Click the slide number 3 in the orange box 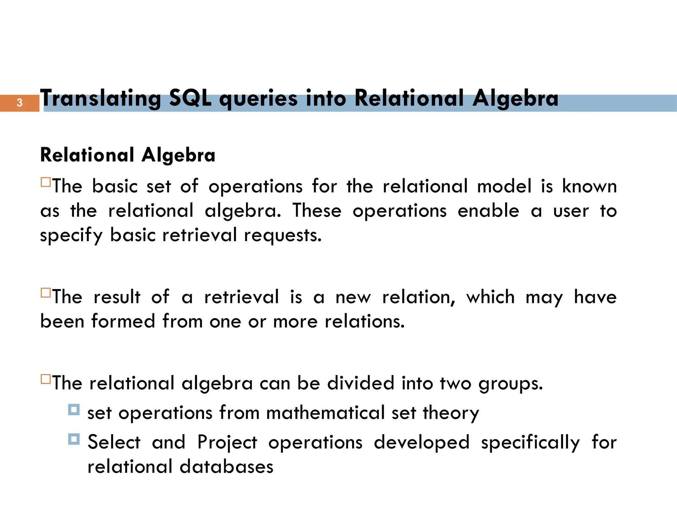click(20, 103)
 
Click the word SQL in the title click(190, 98)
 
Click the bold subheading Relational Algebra click(128, 155)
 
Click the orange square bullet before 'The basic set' click(46, 182)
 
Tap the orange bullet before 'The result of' click(46, 293)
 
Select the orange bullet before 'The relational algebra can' click(46, 379)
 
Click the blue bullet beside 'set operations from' click(74, 409)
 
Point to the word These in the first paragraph click(317, 211)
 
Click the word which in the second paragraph click(491, 297)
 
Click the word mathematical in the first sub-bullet click(325, 413)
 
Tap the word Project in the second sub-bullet click(227, 443)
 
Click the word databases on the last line click(226, 467)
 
